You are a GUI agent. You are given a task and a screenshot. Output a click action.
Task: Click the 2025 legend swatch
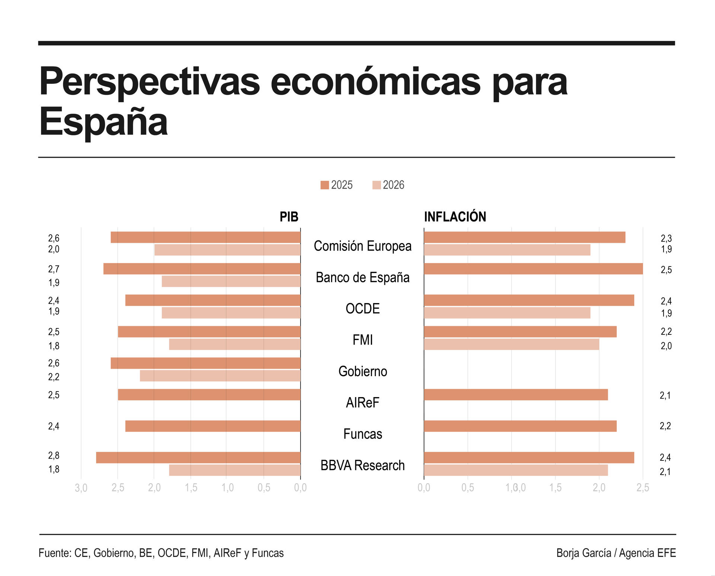(324, 185)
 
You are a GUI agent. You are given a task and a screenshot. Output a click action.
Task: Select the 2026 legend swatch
(376, 185)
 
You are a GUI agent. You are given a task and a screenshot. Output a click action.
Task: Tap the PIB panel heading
(289, 217)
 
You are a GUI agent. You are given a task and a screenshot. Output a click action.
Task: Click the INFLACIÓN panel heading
(455, 217)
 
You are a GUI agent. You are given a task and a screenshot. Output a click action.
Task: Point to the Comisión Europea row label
(362, 246)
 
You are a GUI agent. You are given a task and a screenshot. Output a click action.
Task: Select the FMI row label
(362, 340)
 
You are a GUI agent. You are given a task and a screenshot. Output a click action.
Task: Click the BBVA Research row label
(362, 465)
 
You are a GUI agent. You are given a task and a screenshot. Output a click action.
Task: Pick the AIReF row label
(362, 403)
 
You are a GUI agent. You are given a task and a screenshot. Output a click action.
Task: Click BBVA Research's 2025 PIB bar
(198, 457)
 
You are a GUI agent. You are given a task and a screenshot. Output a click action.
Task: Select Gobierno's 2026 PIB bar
(220, 376)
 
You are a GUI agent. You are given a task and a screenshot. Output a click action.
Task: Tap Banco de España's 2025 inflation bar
(533, 269)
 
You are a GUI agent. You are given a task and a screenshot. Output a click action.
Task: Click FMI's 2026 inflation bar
(511, 344)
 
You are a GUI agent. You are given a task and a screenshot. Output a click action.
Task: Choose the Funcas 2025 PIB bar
(213, 426)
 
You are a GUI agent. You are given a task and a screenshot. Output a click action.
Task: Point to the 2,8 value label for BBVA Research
(54, 456)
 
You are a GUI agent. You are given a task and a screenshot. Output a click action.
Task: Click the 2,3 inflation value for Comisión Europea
(666, 238)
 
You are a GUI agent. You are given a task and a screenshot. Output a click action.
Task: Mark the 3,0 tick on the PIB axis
(81, 488)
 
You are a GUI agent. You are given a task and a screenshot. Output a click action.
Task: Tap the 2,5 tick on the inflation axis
(642, 488)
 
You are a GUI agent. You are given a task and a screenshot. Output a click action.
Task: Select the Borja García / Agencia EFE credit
(616, 553)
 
